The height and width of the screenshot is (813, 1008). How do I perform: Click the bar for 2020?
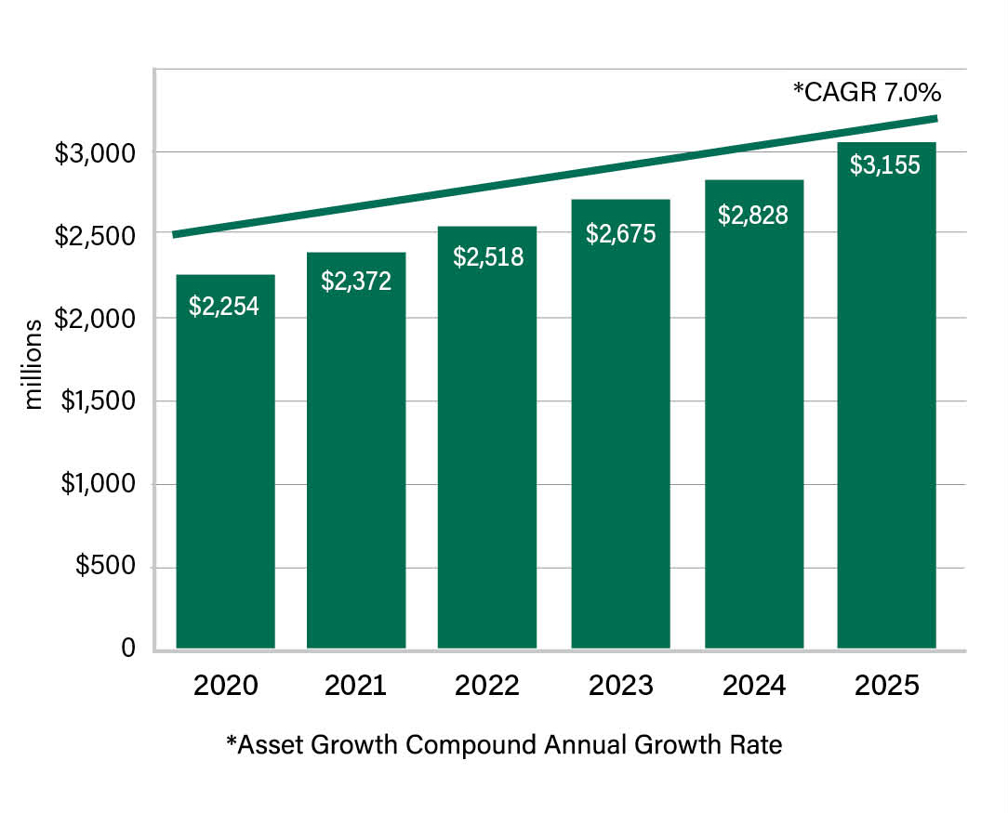pos(226,462)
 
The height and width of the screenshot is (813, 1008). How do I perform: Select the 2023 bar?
pos(620,424)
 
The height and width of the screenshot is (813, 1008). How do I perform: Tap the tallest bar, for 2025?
pos(886,396)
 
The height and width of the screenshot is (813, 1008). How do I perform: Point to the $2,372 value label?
pos(356,282)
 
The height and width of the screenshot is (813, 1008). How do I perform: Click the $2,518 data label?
pos(488,256)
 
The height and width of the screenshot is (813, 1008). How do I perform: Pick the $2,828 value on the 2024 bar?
pos(753,216)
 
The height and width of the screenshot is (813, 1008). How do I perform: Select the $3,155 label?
pos(885,165)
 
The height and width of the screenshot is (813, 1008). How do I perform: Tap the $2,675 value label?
pos(620,234)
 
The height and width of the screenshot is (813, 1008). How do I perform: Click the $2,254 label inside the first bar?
pos(224,307)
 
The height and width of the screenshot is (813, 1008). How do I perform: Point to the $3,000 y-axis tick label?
pos(95,153)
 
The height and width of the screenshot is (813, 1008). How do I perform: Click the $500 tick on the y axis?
pos(105,565)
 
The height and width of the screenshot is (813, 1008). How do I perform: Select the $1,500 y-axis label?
pos(99,400)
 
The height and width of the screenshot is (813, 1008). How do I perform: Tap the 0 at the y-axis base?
pos(128,648)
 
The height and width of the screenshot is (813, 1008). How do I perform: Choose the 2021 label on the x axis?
pos(355,686)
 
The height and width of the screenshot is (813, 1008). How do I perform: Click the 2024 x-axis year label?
pos(754,686)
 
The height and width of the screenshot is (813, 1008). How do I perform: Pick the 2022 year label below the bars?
pos(486,686)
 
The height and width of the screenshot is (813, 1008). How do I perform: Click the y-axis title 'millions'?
pos(33,364)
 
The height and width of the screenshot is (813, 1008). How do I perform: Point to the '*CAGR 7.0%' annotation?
pos(868,93)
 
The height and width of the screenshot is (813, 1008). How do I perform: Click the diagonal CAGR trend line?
pos(555,177)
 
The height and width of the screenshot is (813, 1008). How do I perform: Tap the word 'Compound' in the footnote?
pos(471,745)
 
